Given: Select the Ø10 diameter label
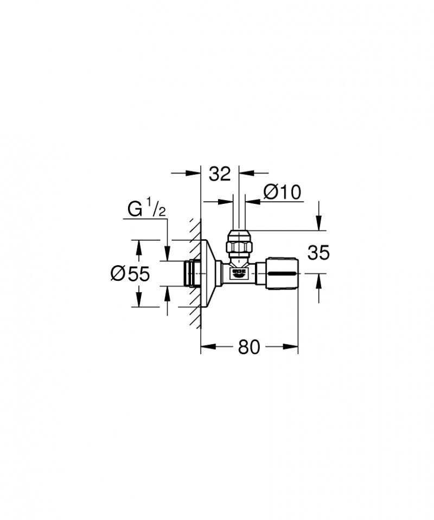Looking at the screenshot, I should pyautogui.click(x=282, y=192).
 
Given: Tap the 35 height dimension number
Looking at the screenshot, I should pyautogui.click(x=318, y=253).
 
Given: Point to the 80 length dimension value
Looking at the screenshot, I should pyautogui.click(x=249, y=347).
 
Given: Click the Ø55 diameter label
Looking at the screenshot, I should pyautogui.click(x=130, y=274).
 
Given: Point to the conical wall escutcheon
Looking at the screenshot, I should pyautogui.click(x=209, y=273).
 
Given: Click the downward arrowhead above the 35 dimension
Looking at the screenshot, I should pyautogui.click(x=318, y=224).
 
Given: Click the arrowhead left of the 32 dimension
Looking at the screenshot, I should pyautogui.click(x=194, y=174).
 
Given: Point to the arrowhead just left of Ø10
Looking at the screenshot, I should pyautogui.click(x=226, y=201).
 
